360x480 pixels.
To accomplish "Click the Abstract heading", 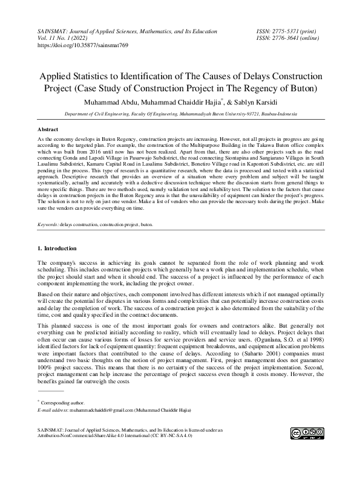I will click(48, 130).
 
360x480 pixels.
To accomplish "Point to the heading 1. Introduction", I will click(57, 248).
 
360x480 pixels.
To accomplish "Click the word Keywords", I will click(48, 224).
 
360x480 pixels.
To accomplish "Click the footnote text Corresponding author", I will click(63, 402).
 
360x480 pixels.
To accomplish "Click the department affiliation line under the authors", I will click(180, 113).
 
